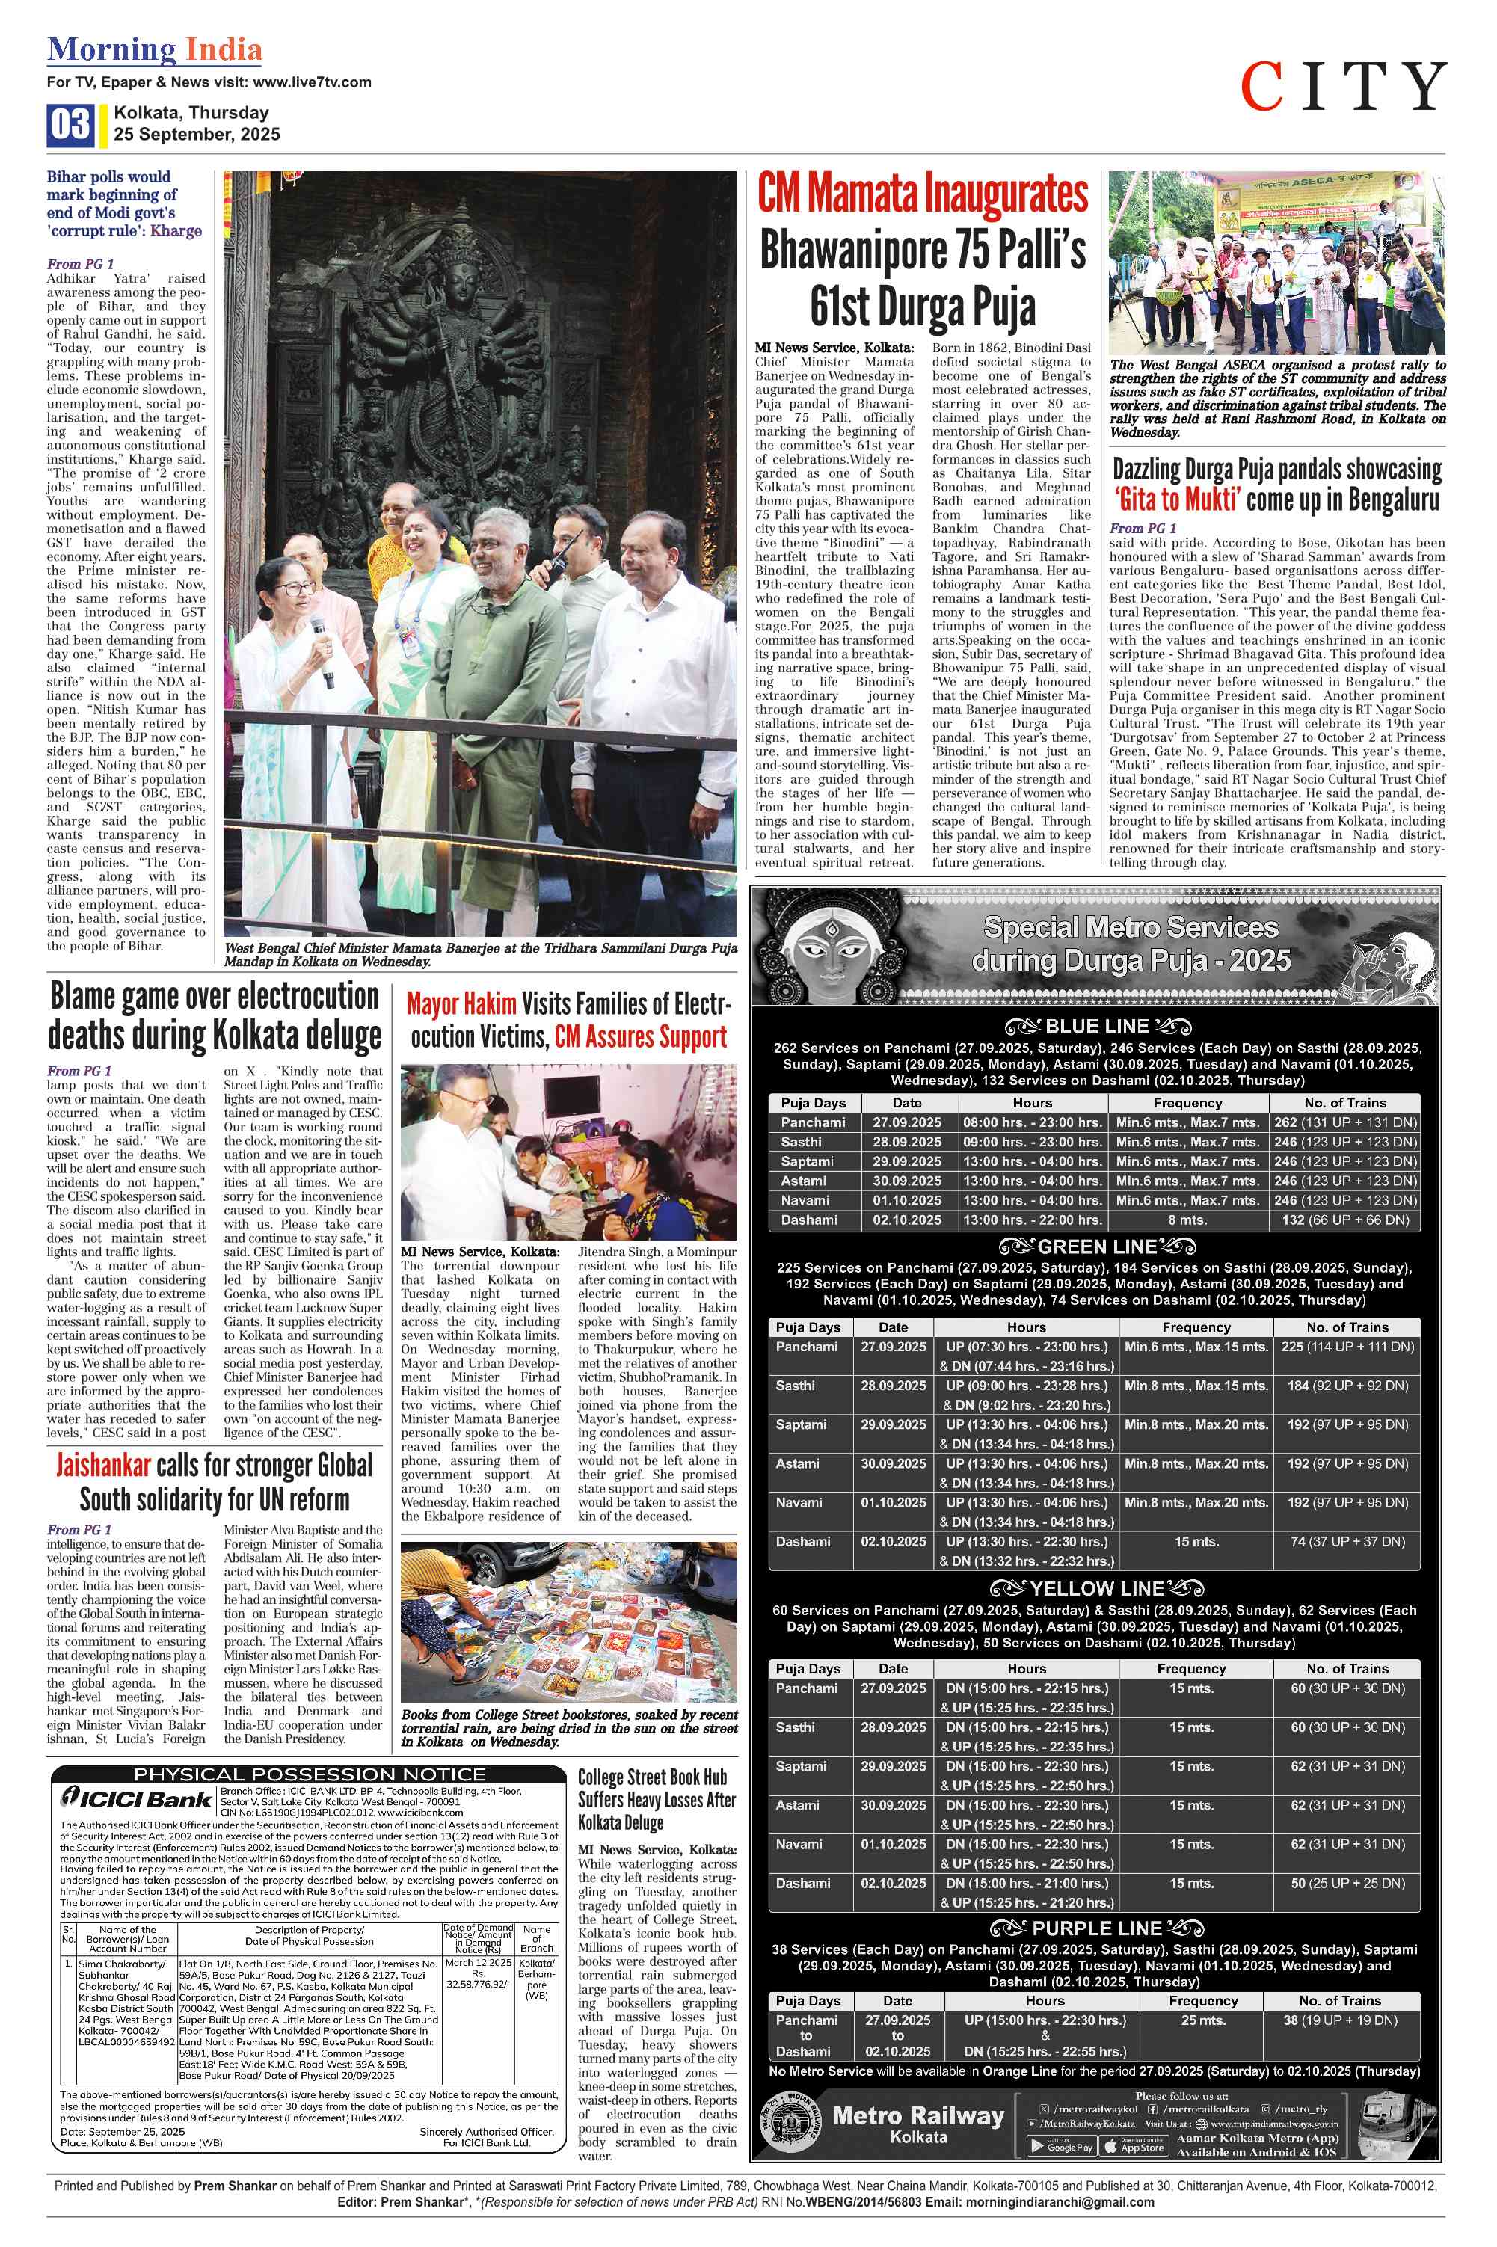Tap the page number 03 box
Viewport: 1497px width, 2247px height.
[x=70, y=125]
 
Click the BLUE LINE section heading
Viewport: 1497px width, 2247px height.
[x=1097, y=1027]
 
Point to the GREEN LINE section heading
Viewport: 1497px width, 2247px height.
[x=1097, y=1247]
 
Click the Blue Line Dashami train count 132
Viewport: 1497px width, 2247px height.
[x=1293, y=1220]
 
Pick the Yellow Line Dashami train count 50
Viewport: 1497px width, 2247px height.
[x=1297, y=1884]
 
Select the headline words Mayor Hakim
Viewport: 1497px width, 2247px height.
[x=461, y=1004]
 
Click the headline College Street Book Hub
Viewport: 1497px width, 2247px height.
[x=652, y=1777]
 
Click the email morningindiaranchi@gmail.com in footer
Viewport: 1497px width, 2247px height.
[x=1059, y=2202]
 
